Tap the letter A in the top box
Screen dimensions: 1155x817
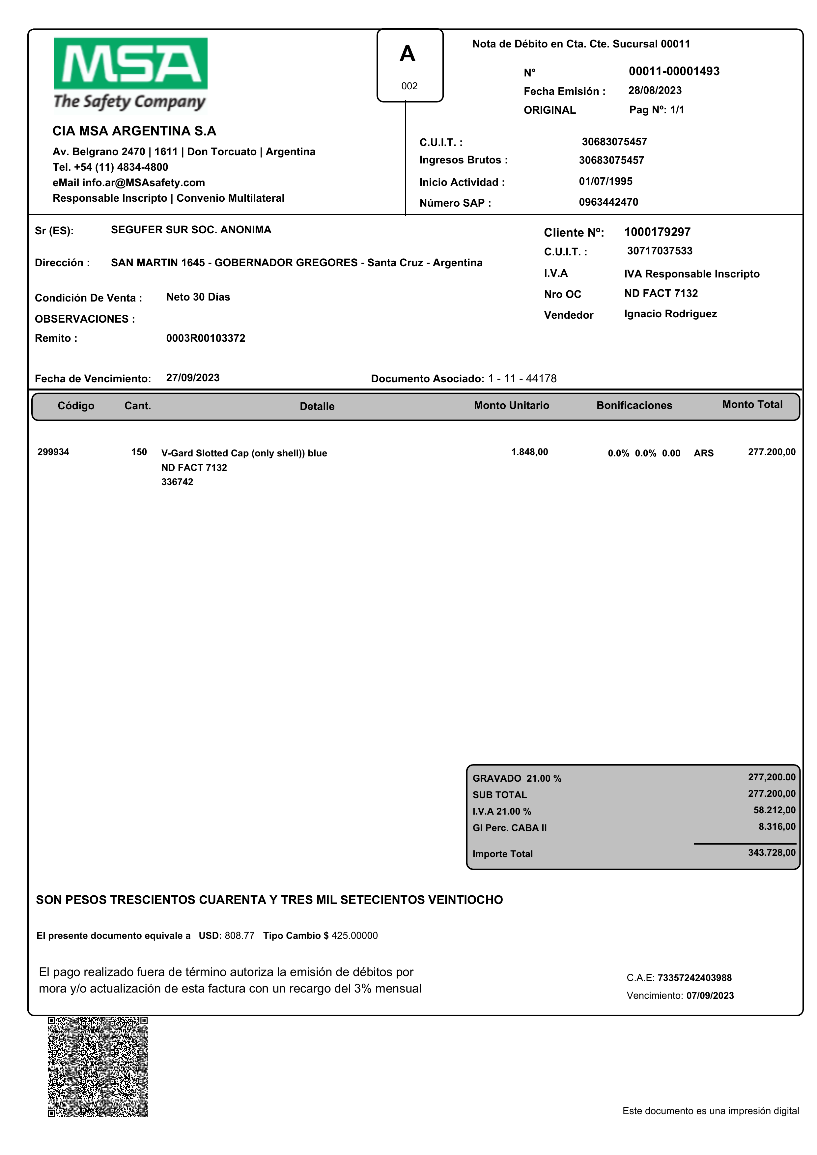pyautogui.click(x=408, y=54)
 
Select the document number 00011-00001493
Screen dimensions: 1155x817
pyautogui.click(x=674, y=72)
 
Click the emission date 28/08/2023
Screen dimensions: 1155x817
pyautogui.click(x=655, y=91)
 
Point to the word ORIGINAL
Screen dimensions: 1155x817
pyautogui.click(x=549, y=110)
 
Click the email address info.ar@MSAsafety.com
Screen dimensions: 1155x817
pyautogui.click(x=143, y=183)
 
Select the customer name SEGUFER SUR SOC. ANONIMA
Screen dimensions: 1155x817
pyautogui.click(x=191, y=230)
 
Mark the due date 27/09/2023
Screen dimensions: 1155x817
pyautogui.click(x=193, y=378)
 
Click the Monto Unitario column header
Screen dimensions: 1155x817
pyautogui.click(x=511, y=406)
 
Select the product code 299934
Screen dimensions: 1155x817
pyautogui.click(x=53, y=452)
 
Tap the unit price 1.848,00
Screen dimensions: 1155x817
pyautogui.click(x=529, y=452)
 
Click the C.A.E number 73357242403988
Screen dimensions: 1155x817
pyautogui.click(x=694, y=978)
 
